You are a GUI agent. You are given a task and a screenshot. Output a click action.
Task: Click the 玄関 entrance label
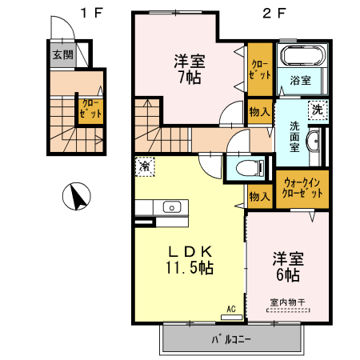click(x=62, y=55)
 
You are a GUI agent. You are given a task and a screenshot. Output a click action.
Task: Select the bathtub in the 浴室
click(x=301, y=57)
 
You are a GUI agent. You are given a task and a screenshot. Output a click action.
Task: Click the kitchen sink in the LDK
click(x=173, y=207)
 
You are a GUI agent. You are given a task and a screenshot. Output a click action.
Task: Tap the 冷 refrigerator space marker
click(x=145, y=167)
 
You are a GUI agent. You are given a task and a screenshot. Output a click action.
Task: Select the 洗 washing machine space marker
click(x=317, y=109)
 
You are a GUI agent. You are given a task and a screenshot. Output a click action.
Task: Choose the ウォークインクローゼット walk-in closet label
click(x=302, y=189)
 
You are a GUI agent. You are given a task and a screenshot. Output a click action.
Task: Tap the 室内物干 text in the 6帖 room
click(x=286, y=302)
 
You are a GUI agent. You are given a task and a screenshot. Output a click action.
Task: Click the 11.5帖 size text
click(x=189, y=268)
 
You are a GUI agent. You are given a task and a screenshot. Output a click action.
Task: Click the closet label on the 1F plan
click(x=90, y=110)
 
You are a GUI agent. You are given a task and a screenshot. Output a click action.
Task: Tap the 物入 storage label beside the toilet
click(x=258, y=196)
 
